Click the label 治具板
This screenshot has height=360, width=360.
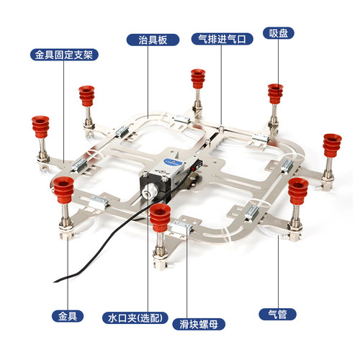point(153,40)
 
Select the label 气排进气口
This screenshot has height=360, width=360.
point(222,39)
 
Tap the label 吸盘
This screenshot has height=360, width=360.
point(279,33)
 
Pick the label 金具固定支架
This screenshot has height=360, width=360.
point(64,55)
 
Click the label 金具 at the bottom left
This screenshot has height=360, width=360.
point(68,316)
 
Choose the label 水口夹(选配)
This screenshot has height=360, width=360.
point(135,318)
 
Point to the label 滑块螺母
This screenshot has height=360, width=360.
point(199,324)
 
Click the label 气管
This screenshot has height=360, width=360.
point(277,314)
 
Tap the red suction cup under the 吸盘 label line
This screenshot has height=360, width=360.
point(275,94)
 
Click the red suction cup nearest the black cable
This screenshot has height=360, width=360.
point(160,217)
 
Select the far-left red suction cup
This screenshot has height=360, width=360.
point(40,127)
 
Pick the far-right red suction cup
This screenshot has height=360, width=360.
point(332,145)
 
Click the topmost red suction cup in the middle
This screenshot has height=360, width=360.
point(198,79)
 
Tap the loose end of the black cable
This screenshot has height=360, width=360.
point(55,282)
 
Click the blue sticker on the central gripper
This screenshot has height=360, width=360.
point(172,162)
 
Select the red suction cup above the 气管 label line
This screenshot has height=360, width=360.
point(298,191)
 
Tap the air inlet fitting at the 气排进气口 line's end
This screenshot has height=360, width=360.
point(221,127)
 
